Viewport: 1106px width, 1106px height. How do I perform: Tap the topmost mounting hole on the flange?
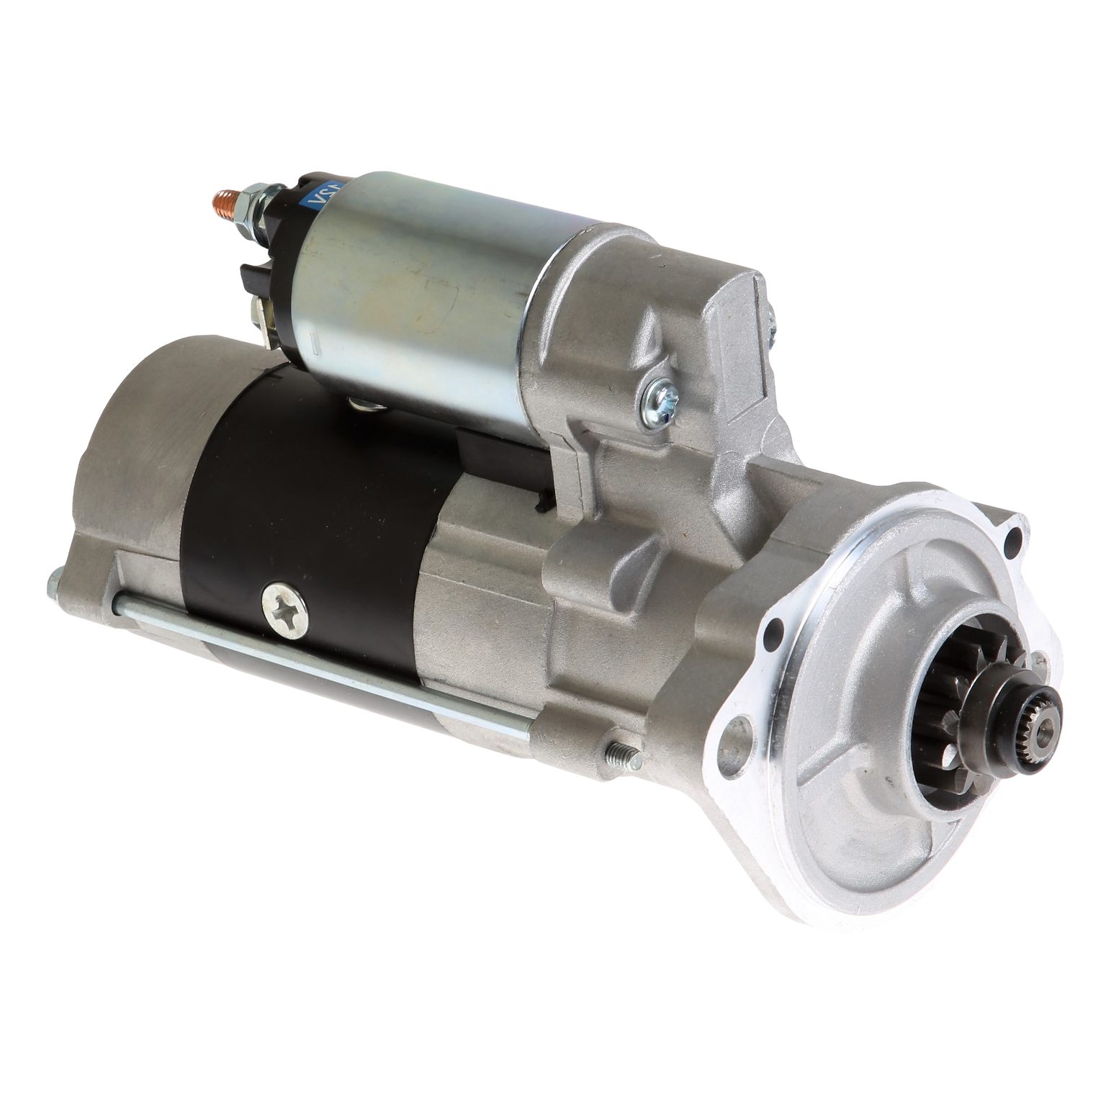coord(1015,536)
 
